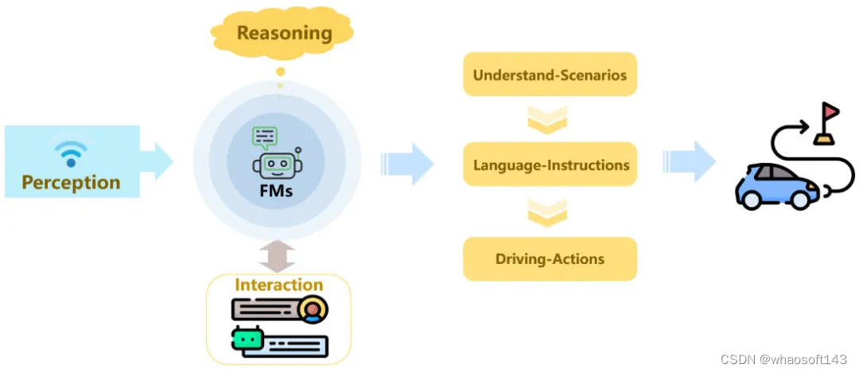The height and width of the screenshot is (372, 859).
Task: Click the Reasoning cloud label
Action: point(284,33)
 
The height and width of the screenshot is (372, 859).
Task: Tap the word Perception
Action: point(71,183)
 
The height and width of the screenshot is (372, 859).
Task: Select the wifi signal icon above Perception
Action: point(70,151)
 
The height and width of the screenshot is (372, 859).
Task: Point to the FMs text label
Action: point(277,192)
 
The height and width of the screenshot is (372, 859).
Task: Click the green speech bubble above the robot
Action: point(265,138)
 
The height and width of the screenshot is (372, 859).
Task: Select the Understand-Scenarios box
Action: point(550,76)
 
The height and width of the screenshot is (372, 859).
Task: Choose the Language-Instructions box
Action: point(550,165)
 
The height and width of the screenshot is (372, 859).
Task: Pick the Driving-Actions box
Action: point(550,258)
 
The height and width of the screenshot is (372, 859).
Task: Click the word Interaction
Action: point(278,285)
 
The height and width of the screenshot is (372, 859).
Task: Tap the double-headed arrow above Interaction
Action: point(277,257)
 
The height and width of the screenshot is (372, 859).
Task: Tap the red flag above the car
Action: point(830,111)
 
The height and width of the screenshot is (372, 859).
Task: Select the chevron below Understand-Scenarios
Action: point(547,119)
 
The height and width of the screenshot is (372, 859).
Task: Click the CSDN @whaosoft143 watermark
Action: point(787,358)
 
